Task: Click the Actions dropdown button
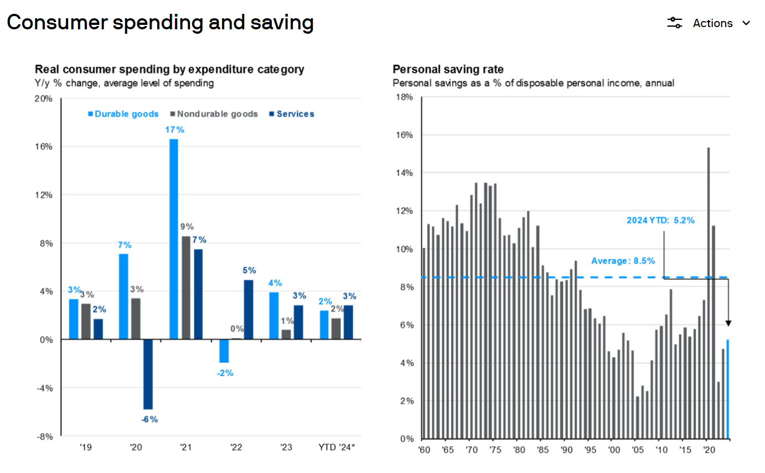pos(709,23)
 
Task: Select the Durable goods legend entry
pos(123,114)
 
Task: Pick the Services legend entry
pos(292,114)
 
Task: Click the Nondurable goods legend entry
pos(214,114)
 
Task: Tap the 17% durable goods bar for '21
pos(173,239)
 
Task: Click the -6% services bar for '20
pos(148,374)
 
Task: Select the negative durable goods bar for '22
pos(224,351)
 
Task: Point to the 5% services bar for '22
pos(249,310)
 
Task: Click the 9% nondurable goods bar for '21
pos(186,288)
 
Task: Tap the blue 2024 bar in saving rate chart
pos(728,389)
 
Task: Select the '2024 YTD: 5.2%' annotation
pos(660,221)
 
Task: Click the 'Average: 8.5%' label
pos(623,261)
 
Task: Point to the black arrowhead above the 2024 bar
pos(728,323)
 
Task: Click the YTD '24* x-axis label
pos(337,447)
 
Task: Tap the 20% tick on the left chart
pos(43,98)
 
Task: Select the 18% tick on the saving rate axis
pos(404,97)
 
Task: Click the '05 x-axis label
pos(637,450)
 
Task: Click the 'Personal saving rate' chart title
pos(448,69)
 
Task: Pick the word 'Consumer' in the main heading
pos(57,23)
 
